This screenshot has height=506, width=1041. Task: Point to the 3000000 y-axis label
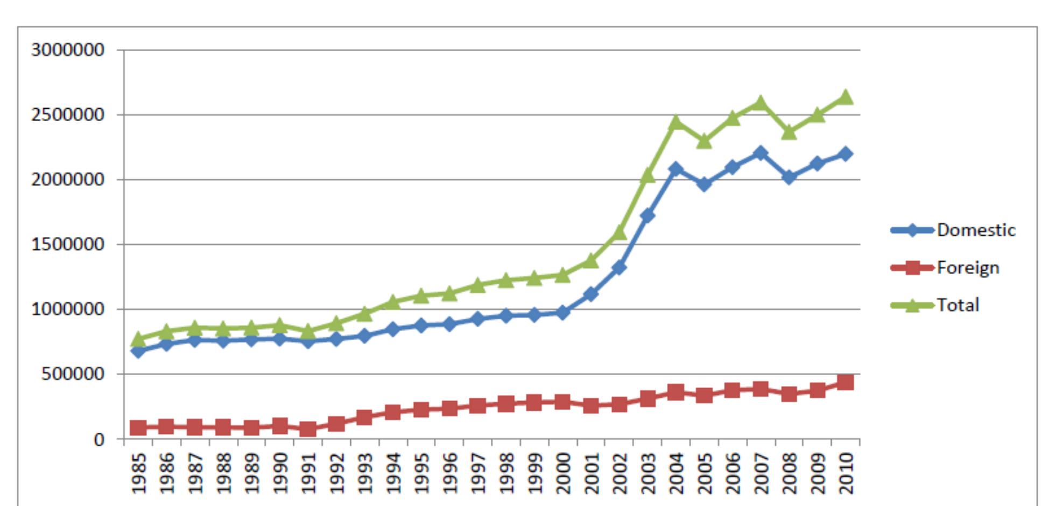pos(67,50)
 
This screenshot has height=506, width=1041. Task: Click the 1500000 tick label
pos(67,244)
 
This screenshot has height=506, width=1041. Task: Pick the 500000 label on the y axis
pos(73,374)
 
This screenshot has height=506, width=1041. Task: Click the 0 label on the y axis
pos(99,439)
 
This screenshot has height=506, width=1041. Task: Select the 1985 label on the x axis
pos(139,473)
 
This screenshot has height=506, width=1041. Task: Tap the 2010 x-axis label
pos(846,473)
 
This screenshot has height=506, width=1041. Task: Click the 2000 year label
pos(563,473)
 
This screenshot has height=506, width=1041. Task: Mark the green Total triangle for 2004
pos(676,122)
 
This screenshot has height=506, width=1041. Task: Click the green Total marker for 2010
pos(845,97)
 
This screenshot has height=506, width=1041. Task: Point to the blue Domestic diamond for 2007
pos(760,153)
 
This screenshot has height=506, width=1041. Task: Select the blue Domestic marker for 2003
pos(648,216)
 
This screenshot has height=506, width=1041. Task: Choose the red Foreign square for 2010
pos(845,382)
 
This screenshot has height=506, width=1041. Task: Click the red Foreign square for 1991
pos(308,429)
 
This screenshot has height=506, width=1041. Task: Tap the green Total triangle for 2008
pos(789,131)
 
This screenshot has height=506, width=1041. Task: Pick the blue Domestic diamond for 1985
pos(138,352)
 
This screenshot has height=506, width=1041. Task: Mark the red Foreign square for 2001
pos(591,405)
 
